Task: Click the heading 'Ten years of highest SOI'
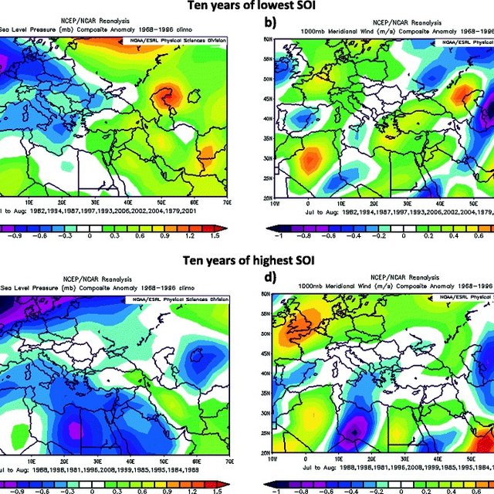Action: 247,261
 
